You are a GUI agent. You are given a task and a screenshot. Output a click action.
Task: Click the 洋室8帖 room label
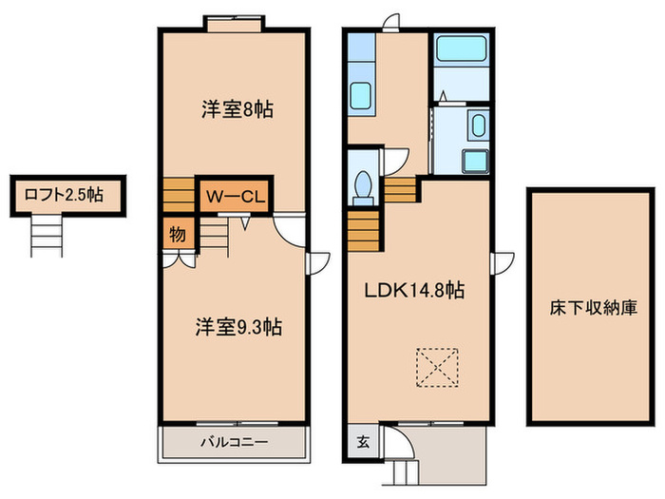pos(237,109)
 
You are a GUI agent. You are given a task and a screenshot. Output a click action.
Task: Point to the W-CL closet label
pos(235,198)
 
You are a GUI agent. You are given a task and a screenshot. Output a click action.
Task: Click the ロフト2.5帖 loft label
pos(59,196)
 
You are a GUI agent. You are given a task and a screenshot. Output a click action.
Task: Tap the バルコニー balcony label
pos(234,442)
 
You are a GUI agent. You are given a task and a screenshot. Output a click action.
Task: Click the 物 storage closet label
pos(178,231)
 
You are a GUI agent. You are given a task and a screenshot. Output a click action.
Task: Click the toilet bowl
pos(362,186)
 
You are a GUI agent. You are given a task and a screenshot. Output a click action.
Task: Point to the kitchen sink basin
pos(362,96)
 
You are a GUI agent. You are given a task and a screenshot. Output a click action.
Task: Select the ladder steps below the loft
pos(47,235)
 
